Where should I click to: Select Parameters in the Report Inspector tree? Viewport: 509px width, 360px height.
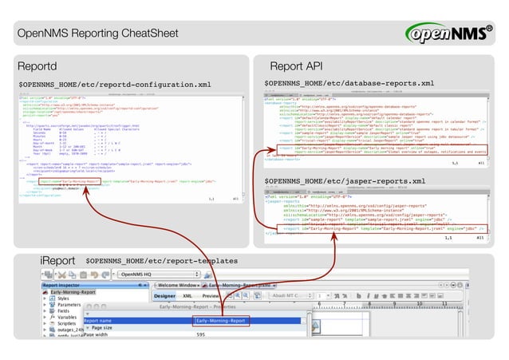click(72, 305)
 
